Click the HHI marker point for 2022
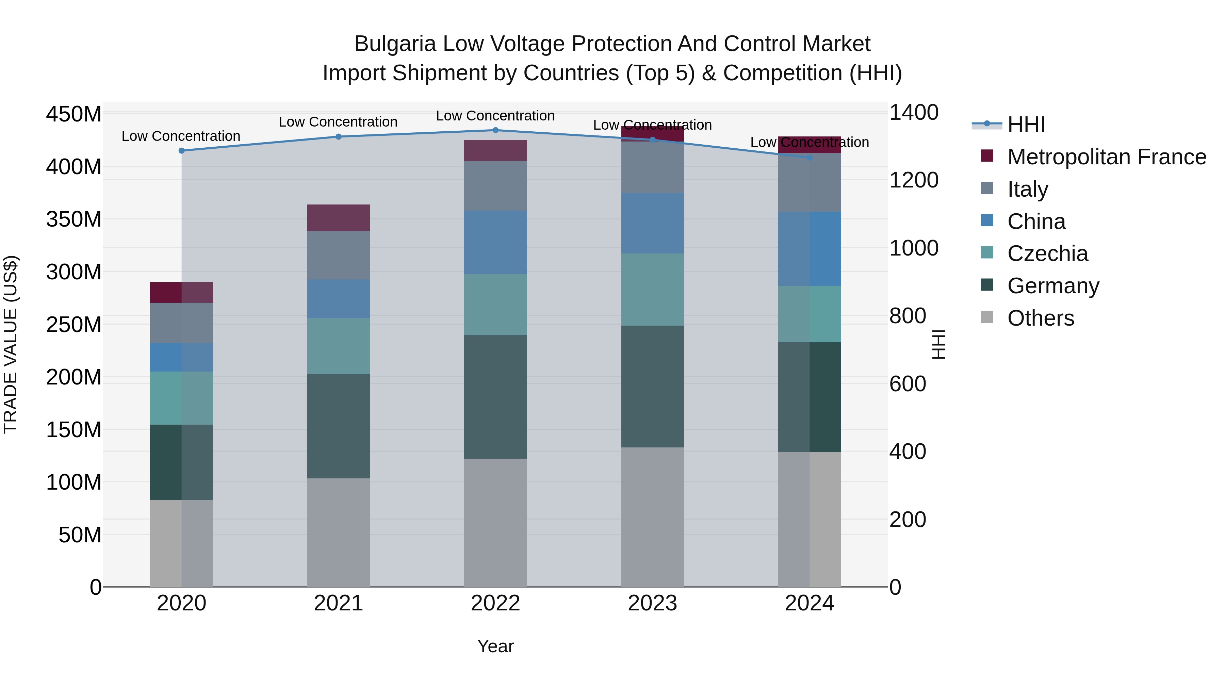pyautogui.click(x=495, y=130)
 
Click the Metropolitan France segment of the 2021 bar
pyautogui.click(x=338, y=217)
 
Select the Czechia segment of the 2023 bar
pyautogui.click(x=652, y=289)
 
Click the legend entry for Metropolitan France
pyautogui.click(x=1106, y=157)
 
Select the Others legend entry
pyautogui.click(x=1041, y=318)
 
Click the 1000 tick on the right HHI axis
pyautogui.click(x=914, y=248)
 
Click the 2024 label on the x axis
pyautogui.click(x=810, y=603)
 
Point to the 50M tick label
pyautogui.click(x=80, y=535)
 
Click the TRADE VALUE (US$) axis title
pyautogui.click(x=11, y=344)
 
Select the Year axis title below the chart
pyautogui.click(x=495, y=646)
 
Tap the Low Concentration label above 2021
pyautogui.click(x=338, y=122)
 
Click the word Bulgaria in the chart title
pyautogui.click(x=395, y=44)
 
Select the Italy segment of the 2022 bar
pyautogui.click(x=495, y=185)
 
